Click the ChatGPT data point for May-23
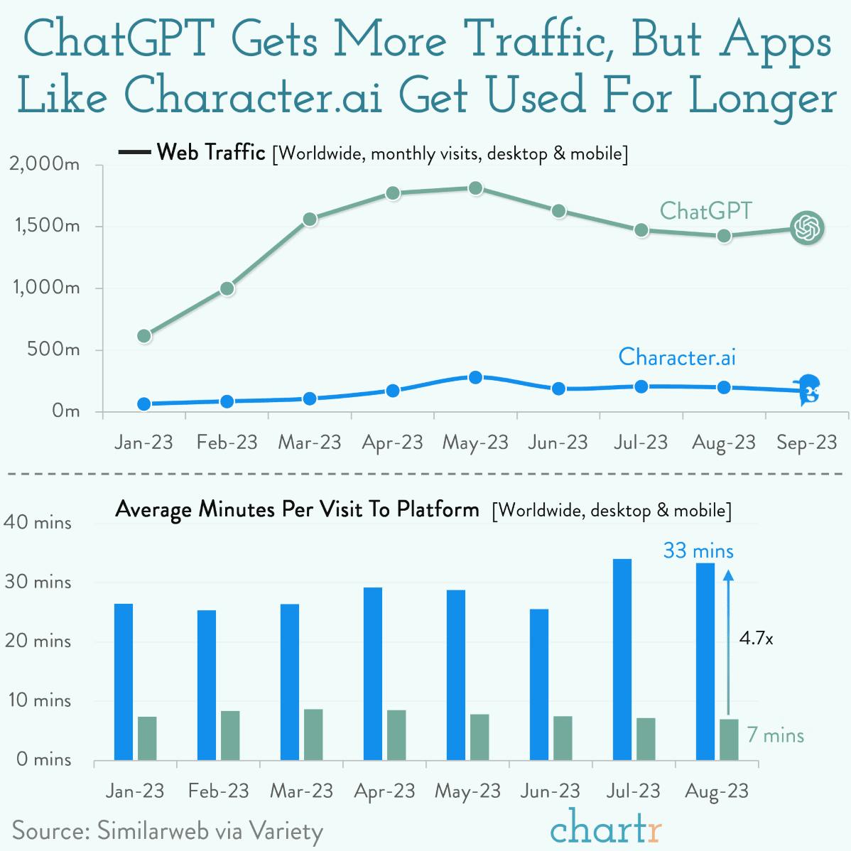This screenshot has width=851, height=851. coord(475,188)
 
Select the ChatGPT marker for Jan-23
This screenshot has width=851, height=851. coord(144,336)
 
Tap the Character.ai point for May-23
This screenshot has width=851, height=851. coord(475,377)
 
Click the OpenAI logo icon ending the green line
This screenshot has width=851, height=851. coord(807,228)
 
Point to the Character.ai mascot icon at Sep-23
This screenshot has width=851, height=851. coord(808,390)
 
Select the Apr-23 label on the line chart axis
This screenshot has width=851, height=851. coord(392,443)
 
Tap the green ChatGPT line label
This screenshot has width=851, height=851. coord(705,211)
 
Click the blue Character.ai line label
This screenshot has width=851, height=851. coord(676,356)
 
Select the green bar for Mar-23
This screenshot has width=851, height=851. coord(313,735)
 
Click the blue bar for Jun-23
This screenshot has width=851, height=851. coord(539,684)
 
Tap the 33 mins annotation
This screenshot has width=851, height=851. coord(698,551)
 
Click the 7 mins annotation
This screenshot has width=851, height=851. coord(775,735)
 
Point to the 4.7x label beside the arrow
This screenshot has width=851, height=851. coord(756,639)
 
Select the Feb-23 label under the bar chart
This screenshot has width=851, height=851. coord(218,791)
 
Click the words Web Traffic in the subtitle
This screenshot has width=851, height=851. coord(211,152)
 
